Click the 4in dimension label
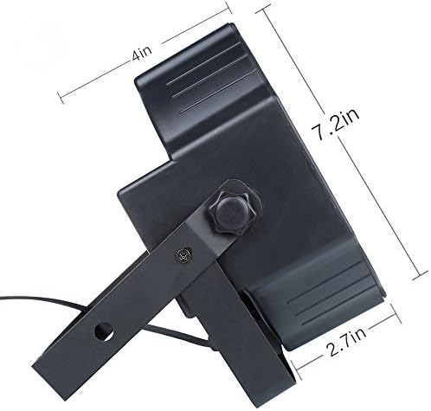[x=142, y=54]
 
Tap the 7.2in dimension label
[x=336, y=125]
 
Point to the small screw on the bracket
[x=183, y=254]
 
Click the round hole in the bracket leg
[x=104, y=331]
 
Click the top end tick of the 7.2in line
[x=263, y=9]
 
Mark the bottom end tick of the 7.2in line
[x=420, y=275]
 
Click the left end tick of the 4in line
[x=61, y=98]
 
